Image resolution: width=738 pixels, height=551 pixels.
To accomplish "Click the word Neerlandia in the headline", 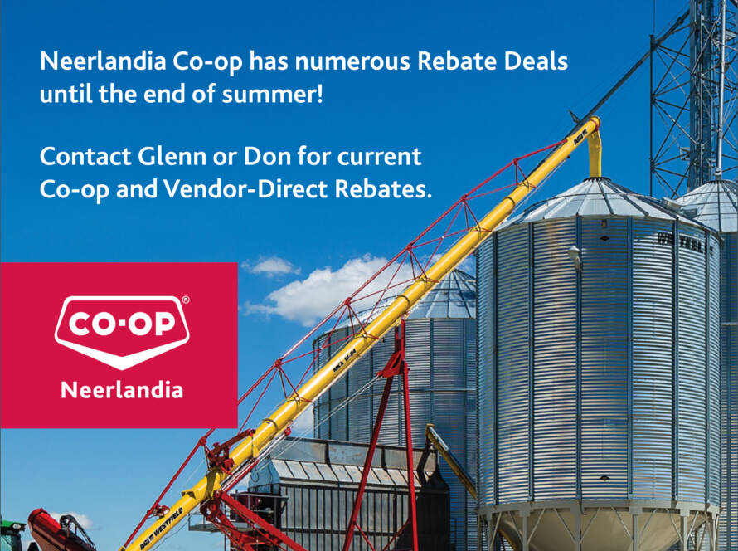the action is click(x=103, y=61).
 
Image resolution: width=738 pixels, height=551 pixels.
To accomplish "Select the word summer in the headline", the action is click(x=273, y=95).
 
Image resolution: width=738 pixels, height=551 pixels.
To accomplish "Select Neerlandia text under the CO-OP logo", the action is click(x=122, y=390).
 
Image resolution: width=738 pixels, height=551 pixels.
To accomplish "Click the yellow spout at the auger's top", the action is click(x=595, y=149).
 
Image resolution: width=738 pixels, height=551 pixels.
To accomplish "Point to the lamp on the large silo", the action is click(x=575, y=257).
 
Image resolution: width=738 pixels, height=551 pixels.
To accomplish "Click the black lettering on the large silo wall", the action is click(x=682, y=242).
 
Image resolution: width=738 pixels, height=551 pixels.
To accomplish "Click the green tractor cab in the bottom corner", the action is click(x=12, y=535).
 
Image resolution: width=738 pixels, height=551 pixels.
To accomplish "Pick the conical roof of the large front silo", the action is click(x=598, y=200).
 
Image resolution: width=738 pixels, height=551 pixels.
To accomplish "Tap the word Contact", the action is click(x=85, y=156).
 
